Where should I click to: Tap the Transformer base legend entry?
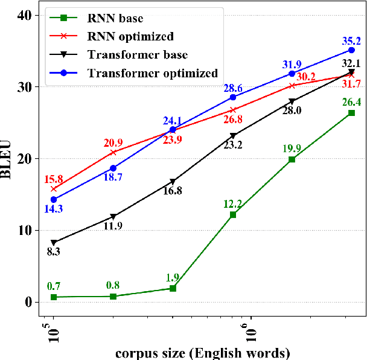point(138,56)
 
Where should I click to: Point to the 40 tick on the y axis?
point(24,15)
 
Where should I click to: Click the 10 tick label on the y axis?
point(24,230)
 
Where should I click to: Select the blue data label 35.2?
point(352,41)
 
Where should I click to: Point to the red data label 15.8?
point(53,179)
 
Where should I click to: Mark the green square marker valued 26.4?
point(352,113)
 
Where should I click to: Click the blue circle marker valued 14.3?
point(53,199)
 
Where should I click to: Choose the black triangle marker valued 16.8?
point(173,182)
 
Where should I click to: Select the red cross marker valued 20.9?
point(113,152)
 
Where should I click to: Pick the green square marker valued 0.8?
point(113,296)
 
